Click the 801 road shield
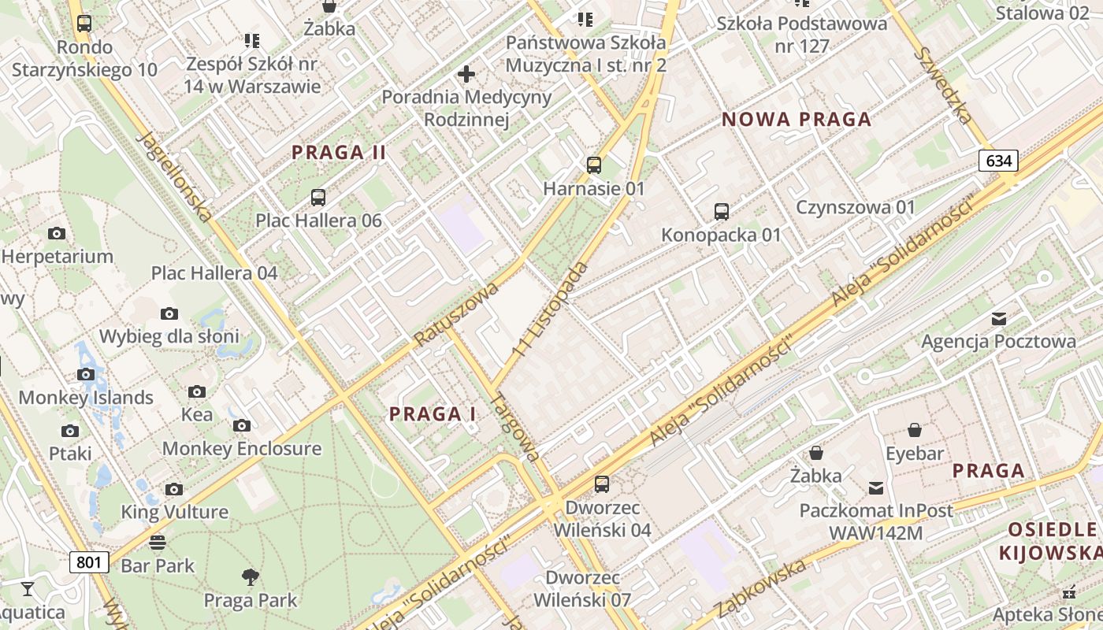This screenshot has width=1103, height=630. (89, 561)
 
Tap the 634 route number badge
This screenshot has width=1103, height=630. (998, 161)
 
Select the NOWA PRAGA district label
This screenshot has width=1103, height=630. (797, 120)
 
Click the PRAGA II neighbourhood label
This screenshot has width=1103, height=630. (339, 153)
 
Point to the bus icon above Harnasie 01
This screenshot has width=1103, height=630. (594, 165)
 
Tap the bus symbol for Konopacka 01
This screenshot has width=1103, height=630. (721, 211)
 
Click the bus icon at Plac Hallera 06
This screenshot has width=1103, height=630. (318, 198)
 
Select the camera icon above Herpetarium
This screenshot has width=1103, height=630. (57, 233)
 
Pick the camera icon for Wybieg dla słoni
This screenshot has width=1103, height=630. (169, 314)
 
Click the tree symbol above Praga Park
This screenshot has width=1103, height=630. (251, 577)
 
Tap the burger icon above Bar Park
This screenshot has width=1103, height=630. (158, 542)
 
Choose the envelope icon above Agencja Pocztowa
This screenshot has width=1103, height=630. (999, 318)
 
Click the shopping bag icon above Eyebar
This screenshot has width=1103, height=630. (914, 430)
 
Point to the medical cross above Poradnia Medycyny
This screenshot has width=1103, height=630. (466, 74)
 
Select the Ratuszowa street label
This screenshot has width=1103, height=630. (457, 313)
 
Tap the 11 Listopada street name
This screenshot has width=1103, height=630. (550, 307)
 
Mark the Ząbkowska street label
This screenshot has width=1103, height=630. (760, 587)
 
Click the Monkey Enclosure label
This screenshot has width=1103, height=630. (242, 449)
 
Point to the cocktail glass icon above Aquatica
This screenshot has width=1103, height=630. (28, 588)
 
